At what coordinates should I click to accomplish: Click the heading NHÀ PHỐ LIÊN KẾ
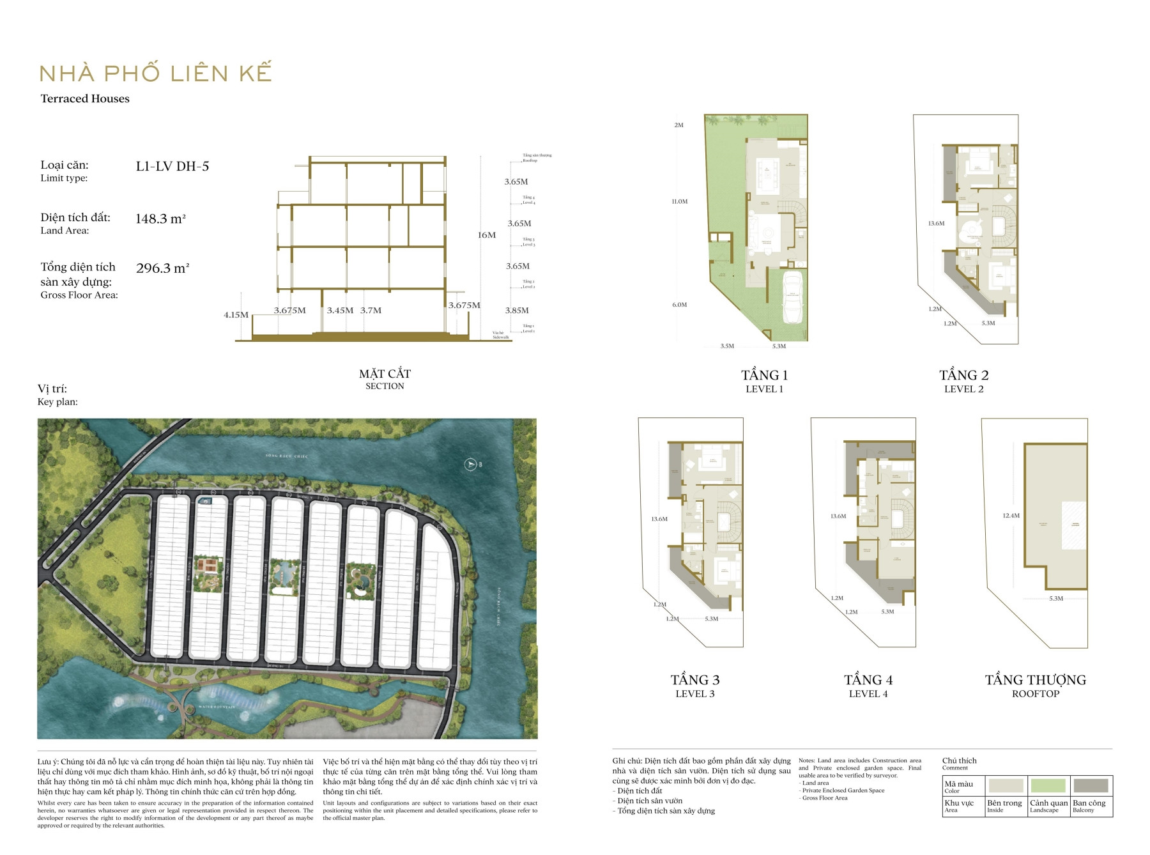pyautogui.click(x=155, y=73)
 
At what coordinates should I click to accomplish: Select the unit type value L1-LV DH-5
pyautogui.click(x=172, y=166)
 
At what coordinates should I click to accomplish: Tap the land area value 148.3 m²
pyautogui.click(x=160, y=219)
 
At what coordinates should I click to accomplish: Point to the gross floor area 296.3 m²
pyautogui.click(x=162, y=268)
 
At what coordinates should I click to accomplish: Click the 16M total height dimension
pyautogui.click(x=487, y=235)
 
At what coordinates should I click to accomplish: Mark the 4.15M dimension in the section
pyautogui.click(x=236, y=314)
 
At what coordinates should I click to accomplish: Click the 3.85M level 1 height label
pyautogui.click(x=517, y=311)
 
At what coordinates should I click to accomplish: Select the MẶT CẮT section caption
pyautogui.click(x=385, y=374)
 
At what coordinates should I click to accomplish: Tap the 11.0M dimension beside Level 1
pyautogui.click(x=679, y=201)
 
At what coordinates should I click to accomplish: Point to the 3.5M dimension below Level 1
pyautogui.click(x=727, y=346)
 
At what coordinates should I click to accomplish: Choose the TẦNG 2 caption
pyautogui.click(x=963, y=375)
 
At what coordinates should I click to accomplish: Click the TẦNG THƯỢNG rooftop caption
pyautogui.click(x=1035, y=680)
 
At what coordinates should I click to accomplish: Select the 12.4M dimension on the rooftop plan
pyautogui.click(x=1011, y=516)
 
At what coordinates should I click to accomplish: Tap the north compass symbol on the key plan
pyautogui.click(x=471, y=464)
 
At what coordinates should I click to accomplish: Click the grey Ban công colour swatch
pyautogui.click(x=1091, y=785)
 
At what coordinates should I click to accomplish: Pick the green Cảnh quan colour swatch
pyautogui.click(x=1048, y=785)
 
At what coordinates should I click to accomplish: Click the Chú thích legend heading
pyautogui.click(x=959, y=760)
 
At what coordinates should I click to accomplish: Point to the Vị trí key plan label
pyautogui.click(x=52, y=389)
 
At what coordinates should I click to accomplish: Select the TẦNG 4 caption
pyautogui.click(x=868, y=680)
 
